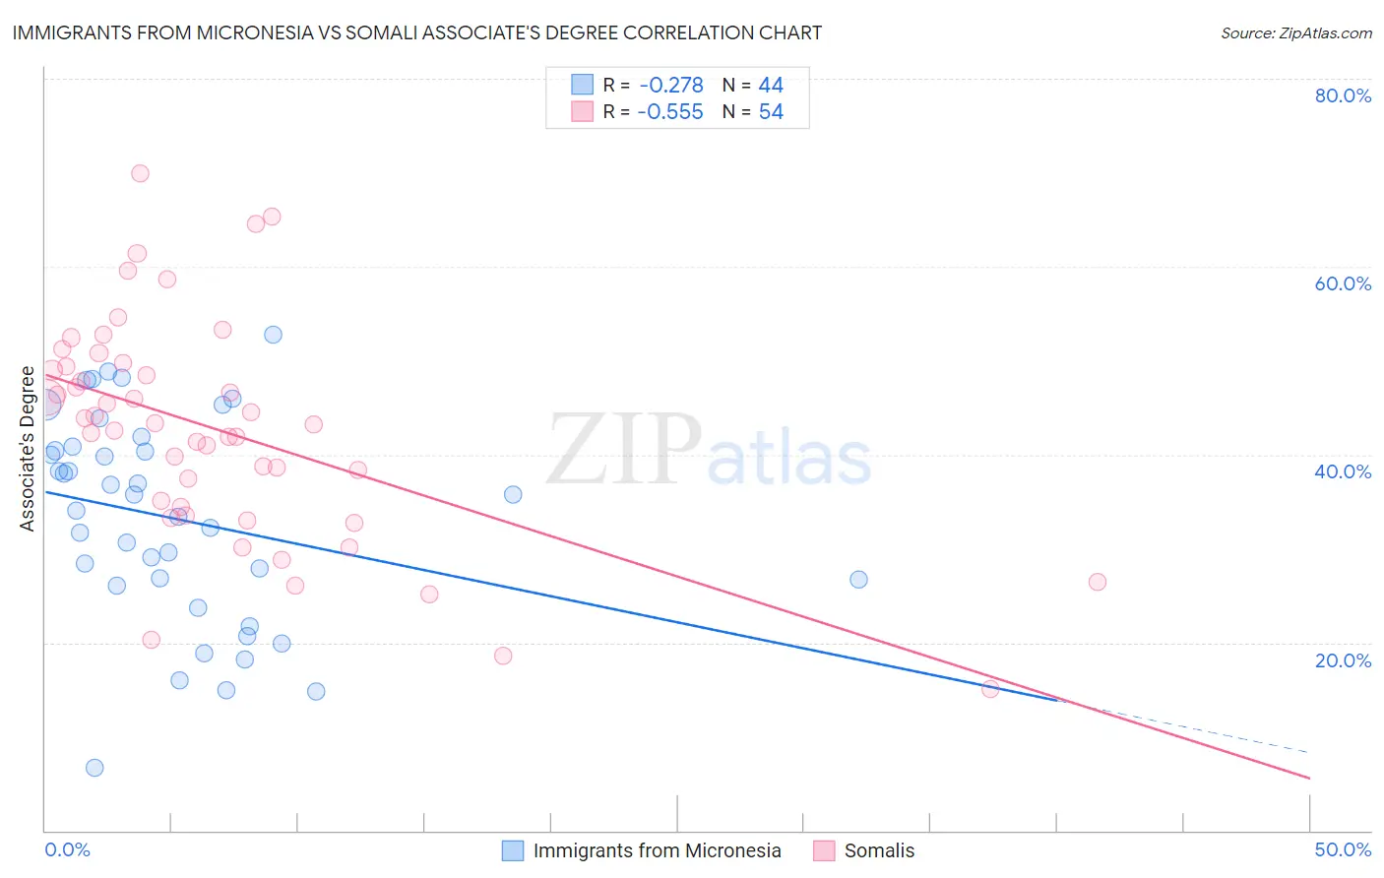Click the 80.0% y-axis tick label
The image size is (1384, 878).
coord(1343,95)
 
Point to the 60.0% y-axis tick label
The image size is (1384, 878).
coord(1343,283)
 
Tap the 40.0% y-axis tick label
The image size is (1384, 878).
coord(1343,471)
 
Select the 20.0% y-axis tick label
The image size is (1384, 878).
coord(1343,659)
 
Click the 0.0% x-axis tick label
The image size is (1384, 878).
coord(67,849)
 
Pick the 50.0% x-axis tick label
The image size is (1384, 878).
coord(1343,849)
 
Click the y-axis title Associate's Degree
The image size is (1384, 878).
coord(27,448)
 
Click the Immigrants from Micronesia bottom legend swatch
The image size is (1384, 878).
coord(513,850)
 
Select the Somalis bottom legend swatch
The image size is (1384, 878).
coord(824,850)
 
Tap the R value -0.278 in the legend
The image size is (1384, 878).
coord(670,86)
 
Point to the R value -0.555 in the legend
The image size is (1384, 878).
coord(670,112)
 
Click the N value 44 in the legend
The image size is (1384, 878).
coord(771,86)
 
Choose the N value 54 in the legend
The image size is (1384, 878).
coord(771,112)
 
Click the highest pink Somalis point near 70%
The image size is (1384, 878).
coord(140,173)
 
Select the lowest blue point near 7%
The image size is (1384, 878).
coord(94,768)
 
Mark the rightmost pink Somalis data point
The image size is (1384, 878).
coord(1098,582)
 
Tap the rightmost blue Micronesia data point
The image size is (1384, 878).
coord(858,580)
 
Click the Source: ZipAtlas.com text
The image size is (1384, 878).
coord(1295,33)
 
